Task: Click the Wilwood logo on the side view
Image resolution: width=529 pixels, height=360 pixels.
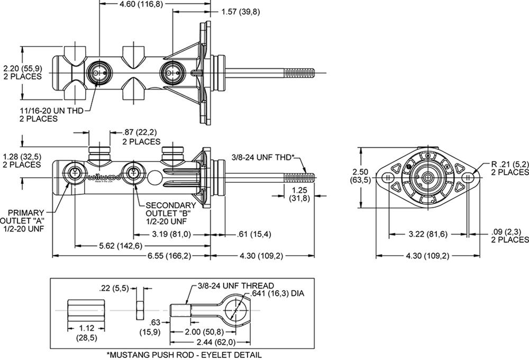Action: point(103,176)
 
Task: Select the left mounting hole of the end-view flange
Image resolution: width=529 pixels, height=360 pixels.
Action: point(387,177)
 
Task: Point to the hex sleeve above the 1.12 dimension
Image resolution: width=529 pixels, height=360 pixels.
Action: point(85,309)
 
